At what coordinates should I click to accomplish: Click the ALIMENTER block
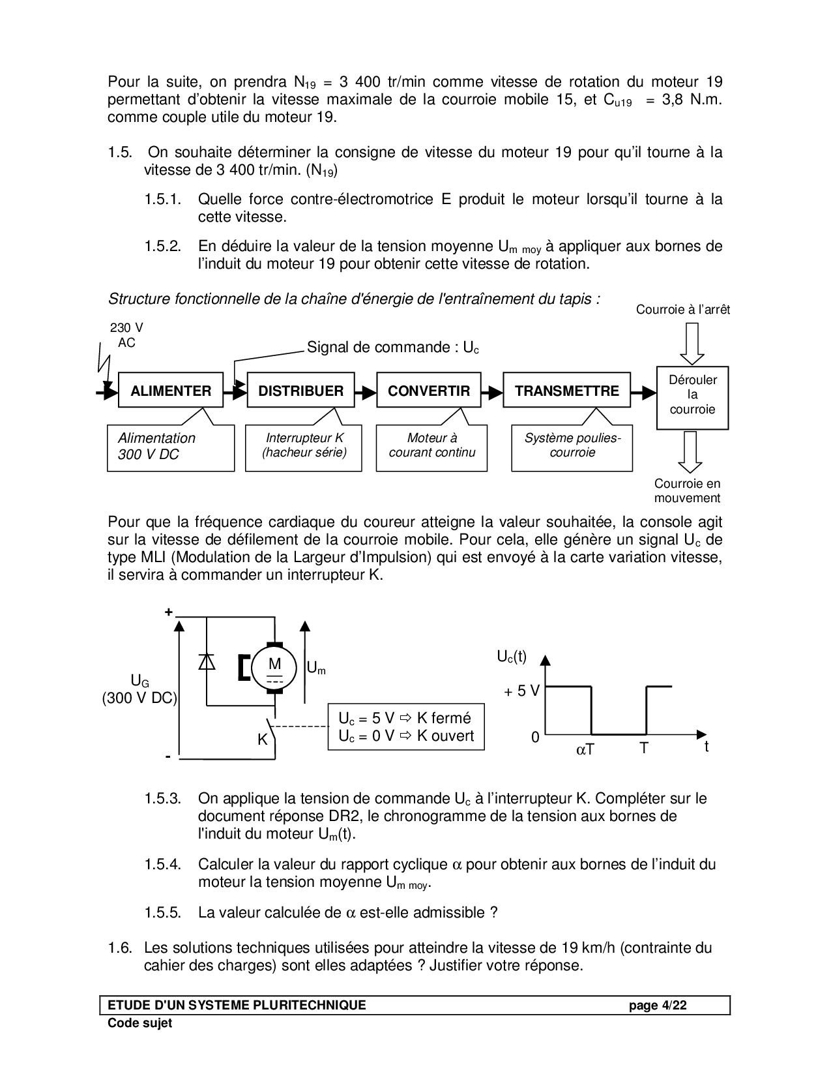171,391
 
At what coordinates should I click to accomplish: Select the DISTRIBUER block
300,391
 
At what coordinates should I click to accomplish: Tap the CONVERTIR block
429,391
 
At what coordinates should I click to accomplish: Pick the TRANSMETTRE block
566,391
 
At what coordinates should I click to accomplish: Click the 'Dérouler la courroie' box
692,395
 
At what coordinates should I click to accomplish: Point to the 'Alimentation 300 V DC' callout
170,447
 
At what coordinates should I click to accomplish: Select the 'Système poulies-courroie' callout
572,446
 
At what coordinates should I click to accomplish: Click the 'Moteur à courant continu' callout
431,446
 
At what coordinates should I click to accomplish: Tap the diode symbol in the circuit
207,661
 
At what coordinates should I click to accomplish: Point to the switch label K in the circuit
262,740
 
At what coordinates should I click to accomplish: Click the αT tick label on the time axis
585,750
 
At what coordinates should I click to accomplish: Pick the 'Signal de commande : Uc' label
392,347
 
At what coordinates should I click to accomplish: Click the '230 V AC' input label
126,336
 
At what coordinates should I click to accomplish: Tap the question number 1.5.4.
162,865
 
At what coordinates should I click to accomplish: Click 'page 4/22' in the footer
658,1006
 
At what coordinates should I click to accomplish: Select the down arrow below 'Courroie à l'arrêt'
692,343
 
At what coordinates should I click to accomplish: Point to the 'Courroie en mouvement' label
688,491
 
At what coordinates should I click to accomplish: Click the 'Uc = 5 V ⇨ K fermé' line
404,718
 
